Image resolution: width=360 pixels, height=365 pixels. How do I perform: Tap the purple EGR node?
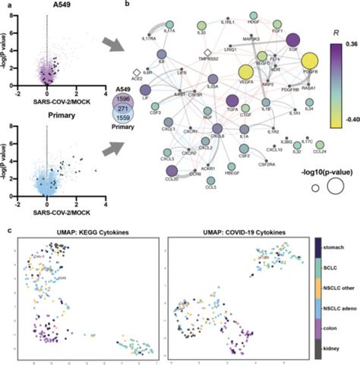(292, 40)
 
